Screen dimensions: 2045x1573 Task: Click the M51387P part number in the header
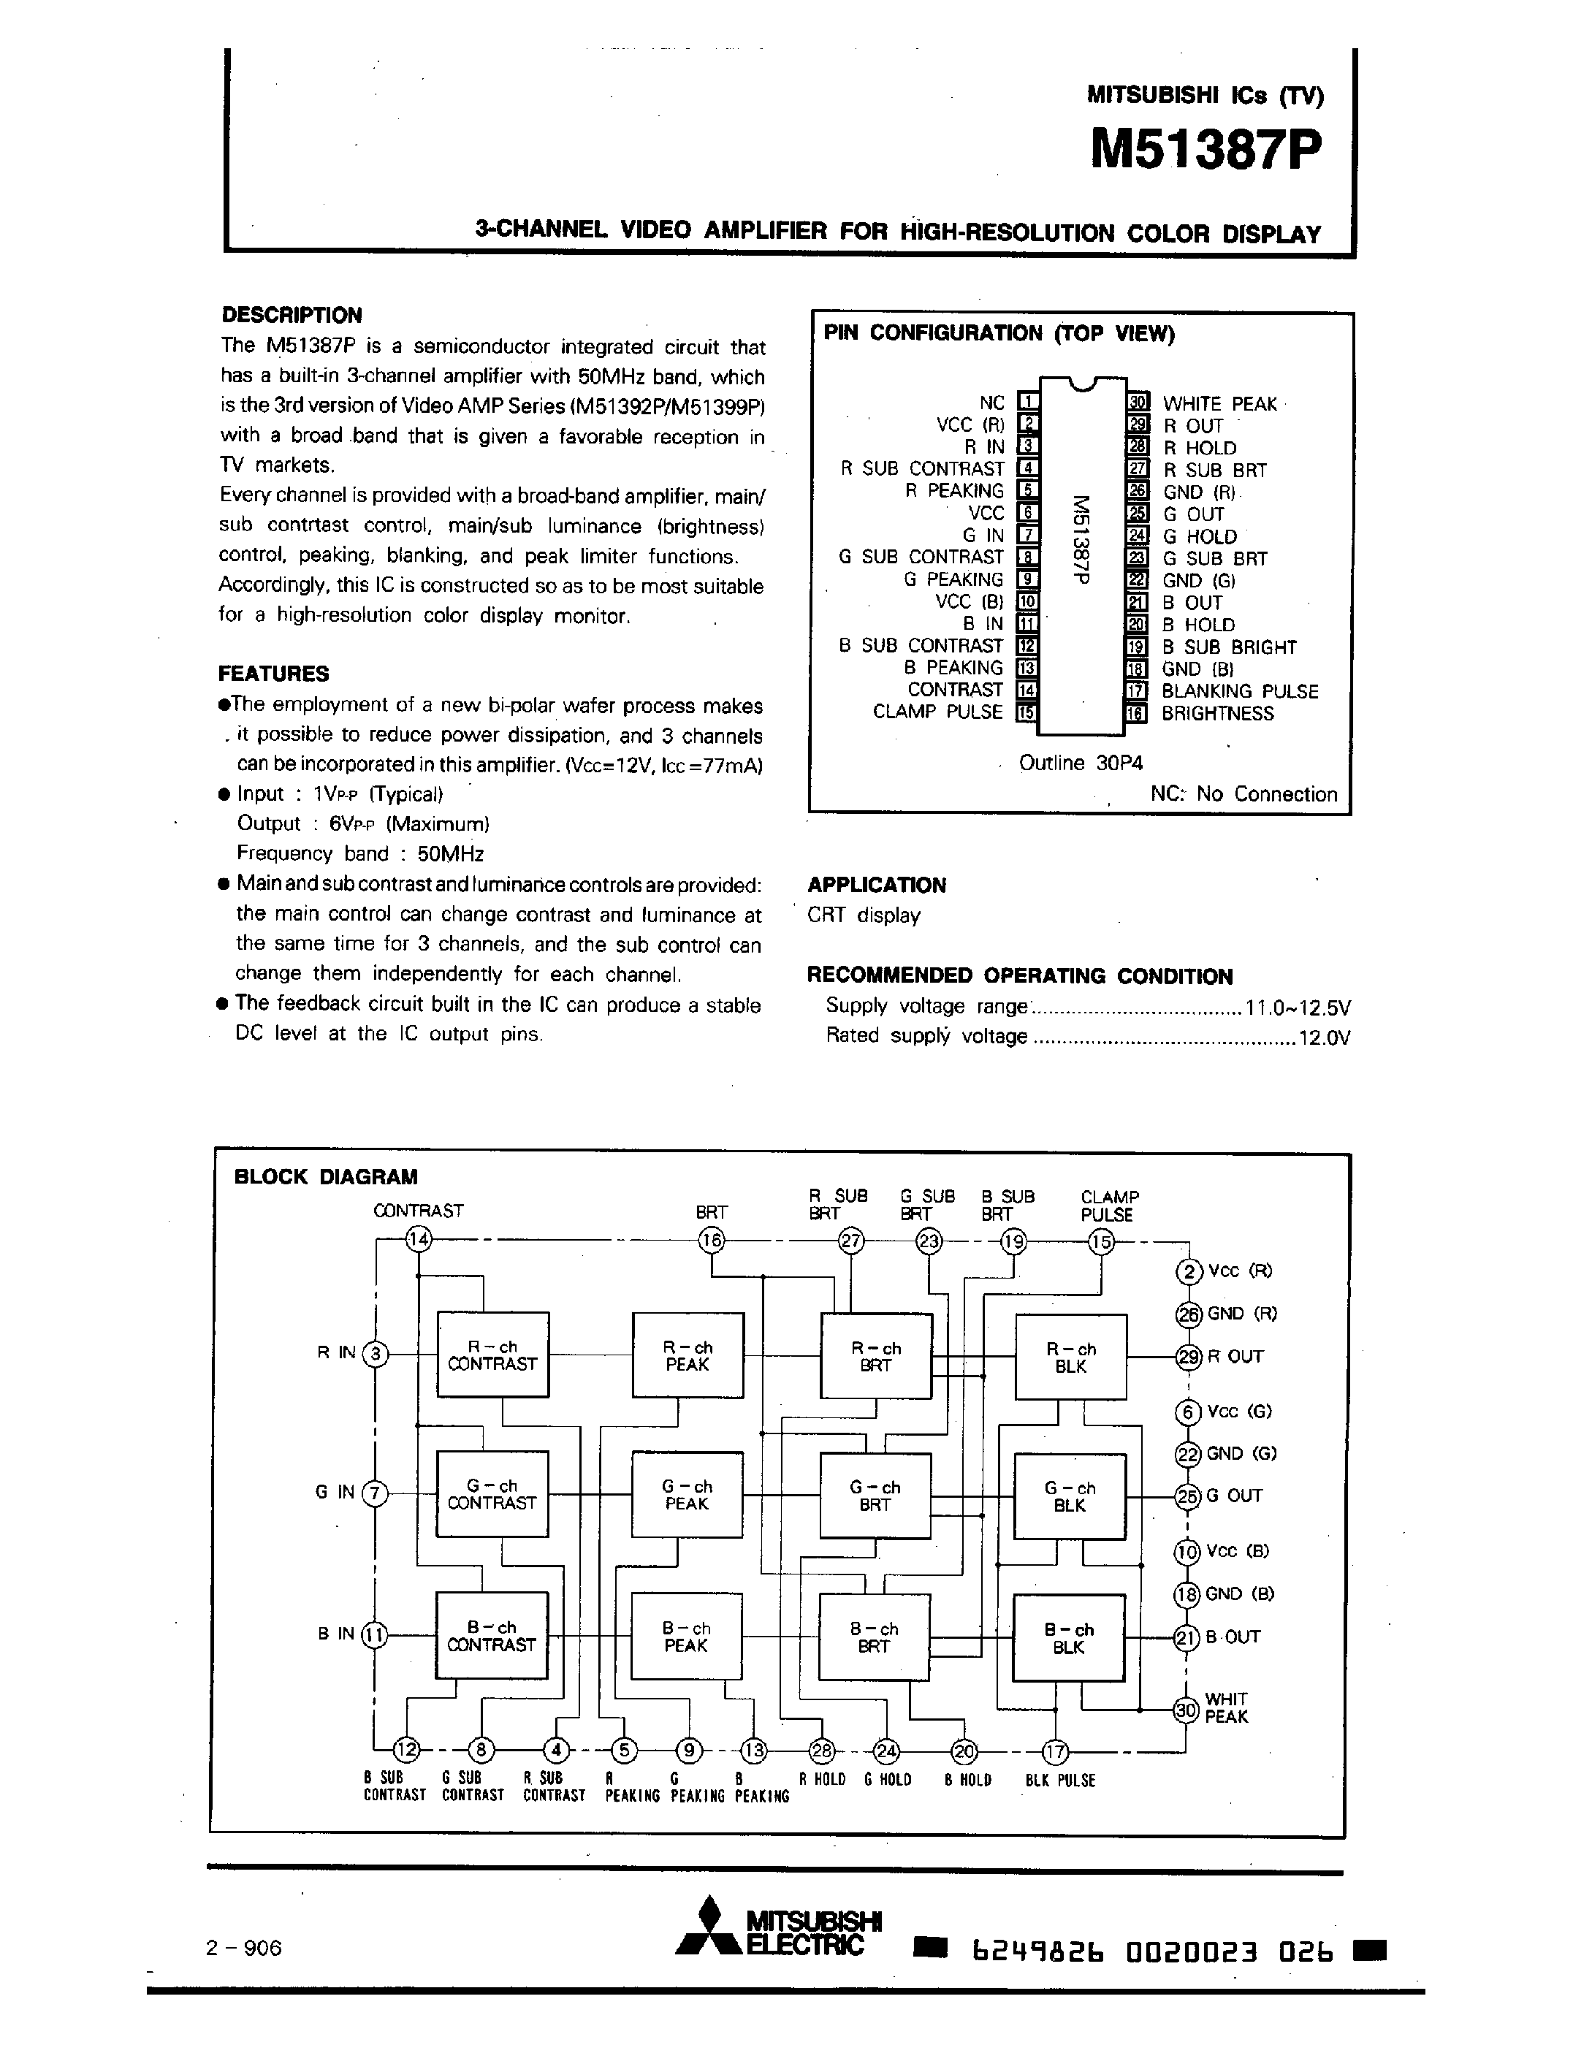[x=1207, y=150]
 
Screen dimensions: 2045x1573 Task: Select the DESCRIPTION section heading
[x=292, y=315]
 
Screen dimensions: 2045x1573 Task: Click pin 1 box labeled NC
[x=1027, y=403]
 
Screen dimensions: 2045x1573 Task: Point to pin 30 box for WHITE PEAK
[x=1138, y=403]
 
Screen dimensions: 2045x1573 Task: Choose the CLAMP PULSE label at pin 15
[x=937, y=712]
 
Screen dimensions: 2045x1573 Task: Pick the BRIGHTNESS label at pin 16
[x=1217, y=714]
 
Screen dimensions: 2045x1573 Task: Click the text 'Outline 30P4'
[x=1081, y=763]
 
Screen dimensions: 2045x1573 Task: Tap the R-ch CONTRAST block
[x=492, y=1356]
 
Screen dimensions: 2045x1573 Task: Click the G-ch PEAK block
[x=688, y=1494]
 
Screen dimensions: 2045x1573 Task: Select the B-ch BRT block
[x=875, y=1637]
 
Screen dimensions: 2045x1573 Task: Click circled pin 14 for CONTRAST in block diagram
[x=418, y=1240]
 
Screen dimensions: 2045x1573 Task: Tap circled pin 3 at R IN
[x=376, y=1354]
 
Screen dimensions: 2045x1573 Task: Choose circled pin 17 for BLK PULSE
[x=1055, y=1751]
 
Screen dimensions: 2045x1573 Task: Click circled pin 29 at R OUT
[x=1188, y=1357]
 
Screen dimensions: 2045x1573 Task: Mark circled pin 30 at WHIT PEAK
[x=1187, y=1710]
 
